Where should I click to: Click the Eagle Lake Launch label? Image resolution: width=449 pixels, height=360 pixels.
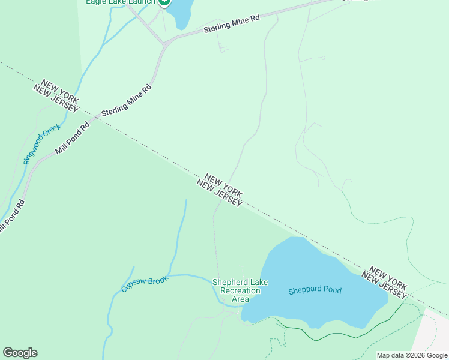[121, 2]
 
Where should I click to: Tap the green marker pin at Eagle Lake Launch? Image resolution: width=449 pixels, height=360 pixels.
[164, 2]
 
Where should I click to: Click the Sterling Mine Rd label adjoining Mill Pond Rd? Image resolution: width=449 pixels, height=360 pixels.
[127, 100]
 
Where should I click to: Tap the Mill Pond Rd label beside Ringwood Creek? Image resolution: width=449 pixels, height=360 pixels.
[72, 139]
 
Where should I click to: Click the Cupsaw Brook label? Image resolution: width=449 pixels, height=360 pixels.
[145, 283]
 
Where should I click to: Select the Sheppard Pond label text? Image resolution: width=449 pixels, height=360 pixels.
[315, 290]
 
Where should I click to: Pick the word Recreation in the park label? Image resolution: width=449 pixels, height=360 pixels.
[240, 291]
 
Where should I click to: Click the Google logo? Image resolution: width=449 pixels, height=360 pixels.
[20, 352]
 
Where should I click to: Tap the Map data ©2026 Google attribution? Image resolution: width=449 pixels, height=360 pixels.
[412, 355]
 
